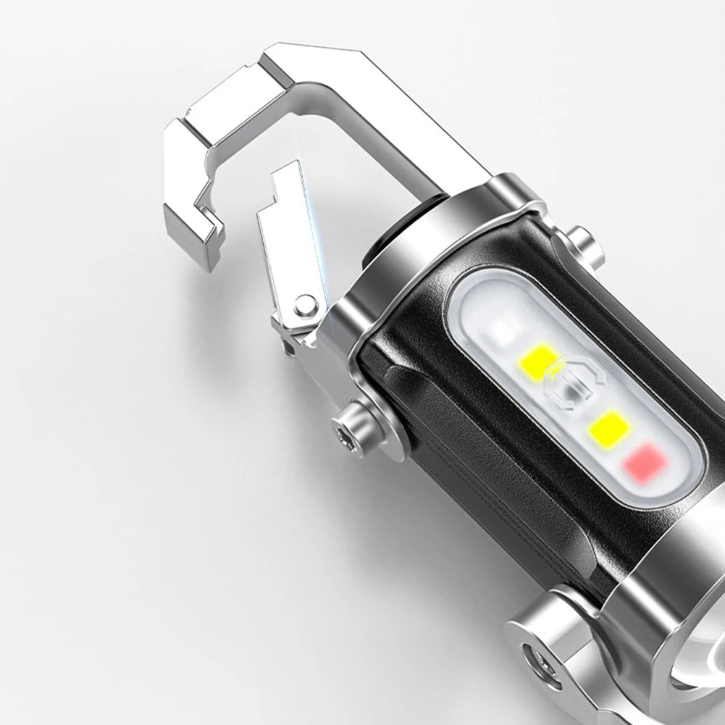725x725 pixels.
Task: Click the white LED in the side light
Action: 501,330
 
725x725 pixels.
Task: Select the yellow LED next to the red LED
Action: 607,427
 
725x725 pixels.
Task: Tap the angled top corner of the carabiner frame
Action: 348,62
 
